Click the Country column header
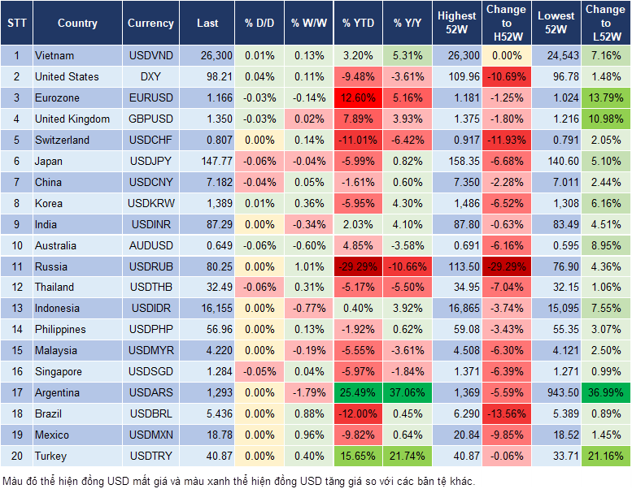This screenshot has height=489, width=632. click(77, 24)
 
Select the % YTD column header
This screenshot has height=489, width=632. click(359, 24)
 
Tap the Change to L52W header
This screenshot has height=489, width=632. click(605, 24)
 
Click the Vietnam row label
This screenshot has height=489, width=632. click(55, 56)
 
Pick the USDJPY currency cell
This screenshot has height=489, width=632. click(150, 161)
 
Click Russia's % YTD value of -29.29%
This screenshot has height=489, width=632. click(359, 266)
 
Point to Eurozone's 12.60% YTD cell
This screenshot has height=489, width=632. click(359, 98)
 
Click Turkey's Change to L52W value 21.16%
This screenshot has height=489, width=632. click(605, 457)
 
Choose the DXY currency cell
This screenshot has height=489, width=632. click(150, 77)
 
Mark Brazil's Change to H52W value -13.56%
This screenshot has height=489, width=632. click(506, 414)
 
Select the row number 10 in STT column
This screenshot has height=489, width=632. click(16, 245)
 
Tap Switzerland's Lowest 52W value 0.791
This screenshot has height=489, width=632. click(556, 140)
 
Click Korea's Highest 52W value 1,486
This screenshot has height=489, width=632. click(457, 203)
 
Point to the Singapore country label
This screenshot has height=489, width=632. click(59, 372)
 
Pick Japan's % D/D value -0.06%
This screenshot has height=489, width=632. click(259, 161)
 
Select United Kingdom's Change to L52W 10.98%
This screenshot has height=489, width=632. click(605, 119)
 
